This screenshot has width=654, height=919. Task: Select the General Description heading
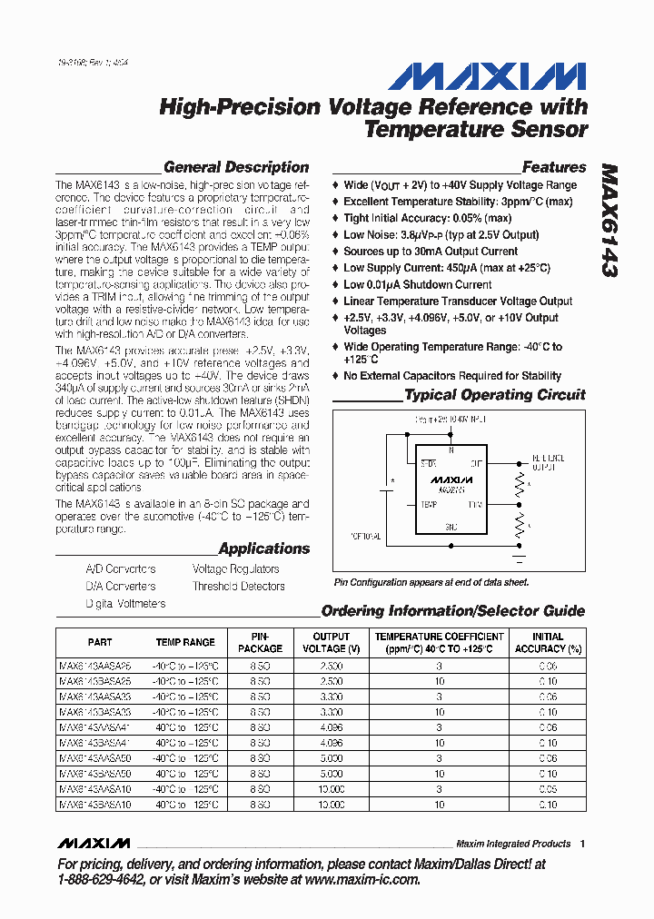tap(236, 167)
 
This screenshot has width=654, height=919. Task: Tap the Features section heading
tap(554, 167)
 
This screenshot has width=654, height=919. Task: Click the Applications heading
tap(264, 548)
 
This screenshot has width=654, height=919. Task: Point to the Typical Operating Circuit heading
tap(495, 395)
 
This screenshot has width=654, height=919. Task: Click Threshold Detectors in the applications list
tap(238, 587)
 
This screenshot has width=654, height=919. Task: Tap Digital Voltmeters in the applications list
tap(125, 604)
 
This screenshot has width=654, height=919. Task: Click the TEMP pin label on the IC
tap(428, 502)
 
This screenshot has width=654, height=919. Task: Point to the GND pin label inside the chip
tap(451, 525)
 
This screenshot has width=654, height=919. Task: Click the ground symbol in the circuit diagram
tap(520, 555)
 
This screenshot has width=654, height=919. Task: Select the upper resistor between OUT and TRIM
tap(520, 484)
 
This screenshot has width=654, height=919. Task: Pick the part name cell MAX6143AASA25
tap(95, 666)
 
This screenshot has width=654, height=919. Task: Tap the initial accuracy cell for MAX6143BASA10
tap(548, 805)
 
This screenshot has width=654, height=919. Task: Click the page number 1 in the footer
tap(582, 844)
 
